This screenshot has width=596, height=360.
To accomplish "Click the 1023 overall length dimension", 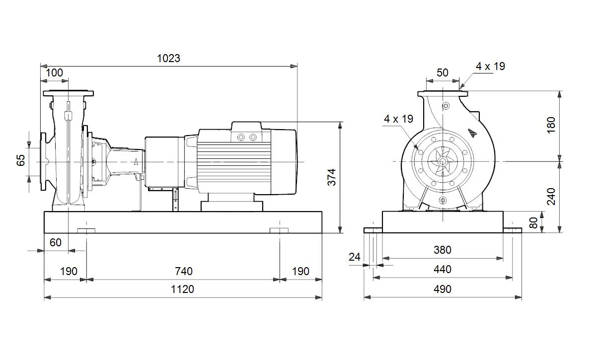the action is pyautogui.click(x=168, y=58).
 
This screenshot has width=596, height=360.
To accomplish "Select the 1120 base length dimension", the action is pyautogui.click(x=182, y=289).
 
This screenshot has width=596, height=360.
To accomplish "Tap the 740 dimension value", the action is pyautogui.click(x=184, y=272).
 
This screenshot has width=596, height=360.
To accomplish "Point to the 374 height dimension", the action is pyautogui.click(x=332, y=177).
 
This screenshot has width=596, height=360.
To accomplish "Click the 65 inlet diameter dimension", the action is pyautogui.click(x=20, y=160).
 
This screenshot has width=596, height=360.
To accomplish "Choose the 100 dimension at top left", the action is pyautogui.click(x=54, y=72).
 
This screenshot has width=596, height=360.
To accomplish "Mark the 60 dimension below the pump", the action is pyautogui.click(x=55, y=243).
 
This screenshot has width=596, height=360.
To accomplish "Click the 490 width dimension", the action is pyautogui.click(x=442, y=289).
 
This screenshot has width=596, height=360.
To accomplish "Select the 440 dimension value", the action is pyautogui.click(x=442, y=270).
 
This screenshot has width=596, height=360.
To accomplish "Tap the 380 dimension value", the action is pyautogui.click(x=442, y=250).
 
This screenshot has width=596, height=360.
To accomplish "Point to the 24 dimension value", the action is pyautogui.click(x=355, y=257).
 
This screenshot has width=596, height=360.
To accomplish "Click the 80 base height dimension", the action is pyautogui.click(x=533, y=223).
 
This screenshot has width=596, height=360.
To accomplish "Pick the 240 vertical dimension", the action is pyautogui.click(x=551, y=197).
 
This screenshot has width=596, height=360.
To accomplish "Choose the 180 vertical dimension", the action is pyautogui.click(x=551, y=125).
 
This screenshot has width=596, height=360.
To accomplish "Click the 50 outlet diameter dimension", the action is pyautogui.click(x=443, y=72).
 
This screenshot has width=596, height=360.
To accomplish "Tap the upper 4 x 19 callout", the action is pyautogui.click(x=490, y=66).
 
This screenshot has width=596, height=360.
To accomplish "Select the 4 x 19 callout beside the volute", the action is pyautogui.click(x=398, y=119).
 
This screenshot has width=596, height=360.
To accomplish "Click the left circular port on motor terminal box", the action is pyautogui.click(x=241, y=137).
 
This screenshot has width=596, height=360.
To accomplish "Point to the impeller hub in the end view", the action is pyautogui.click(x=443, y=161).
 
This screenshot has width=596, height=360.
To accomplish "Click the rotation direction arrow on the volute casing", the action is pyautogui.click(x=472, y=133).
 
